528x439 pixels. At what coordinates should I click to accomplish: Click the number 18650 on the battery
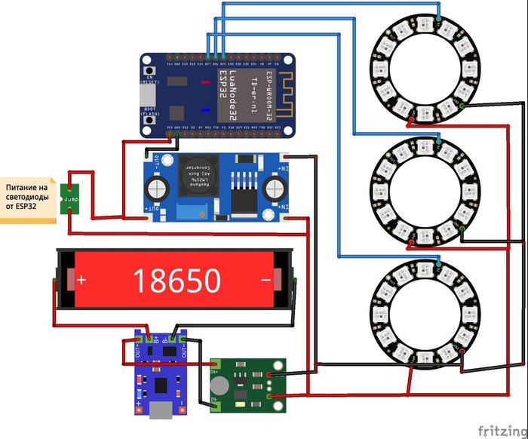click(x=177, y=281)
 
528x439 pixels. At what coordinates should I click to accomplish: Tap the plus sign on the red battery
click(x=81, y=281)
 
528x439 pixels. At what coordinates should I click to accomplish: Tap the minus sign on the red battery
click(x=266, y=281)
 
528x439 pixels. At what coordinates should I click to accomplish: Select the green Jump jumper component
click(x=70, y=198)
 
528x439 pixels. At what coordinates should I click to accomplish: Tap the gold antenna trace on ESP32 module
click(x=284, y=97)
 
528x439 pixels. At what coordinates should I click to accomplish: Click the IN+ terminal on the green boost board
click(x=216, y=371)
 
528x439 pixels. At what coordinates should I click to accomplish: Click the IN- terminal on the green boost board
click(x=216, y=400)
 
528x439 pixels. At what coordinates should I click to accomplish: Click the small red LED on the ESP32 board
click(x=204, y=110)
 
